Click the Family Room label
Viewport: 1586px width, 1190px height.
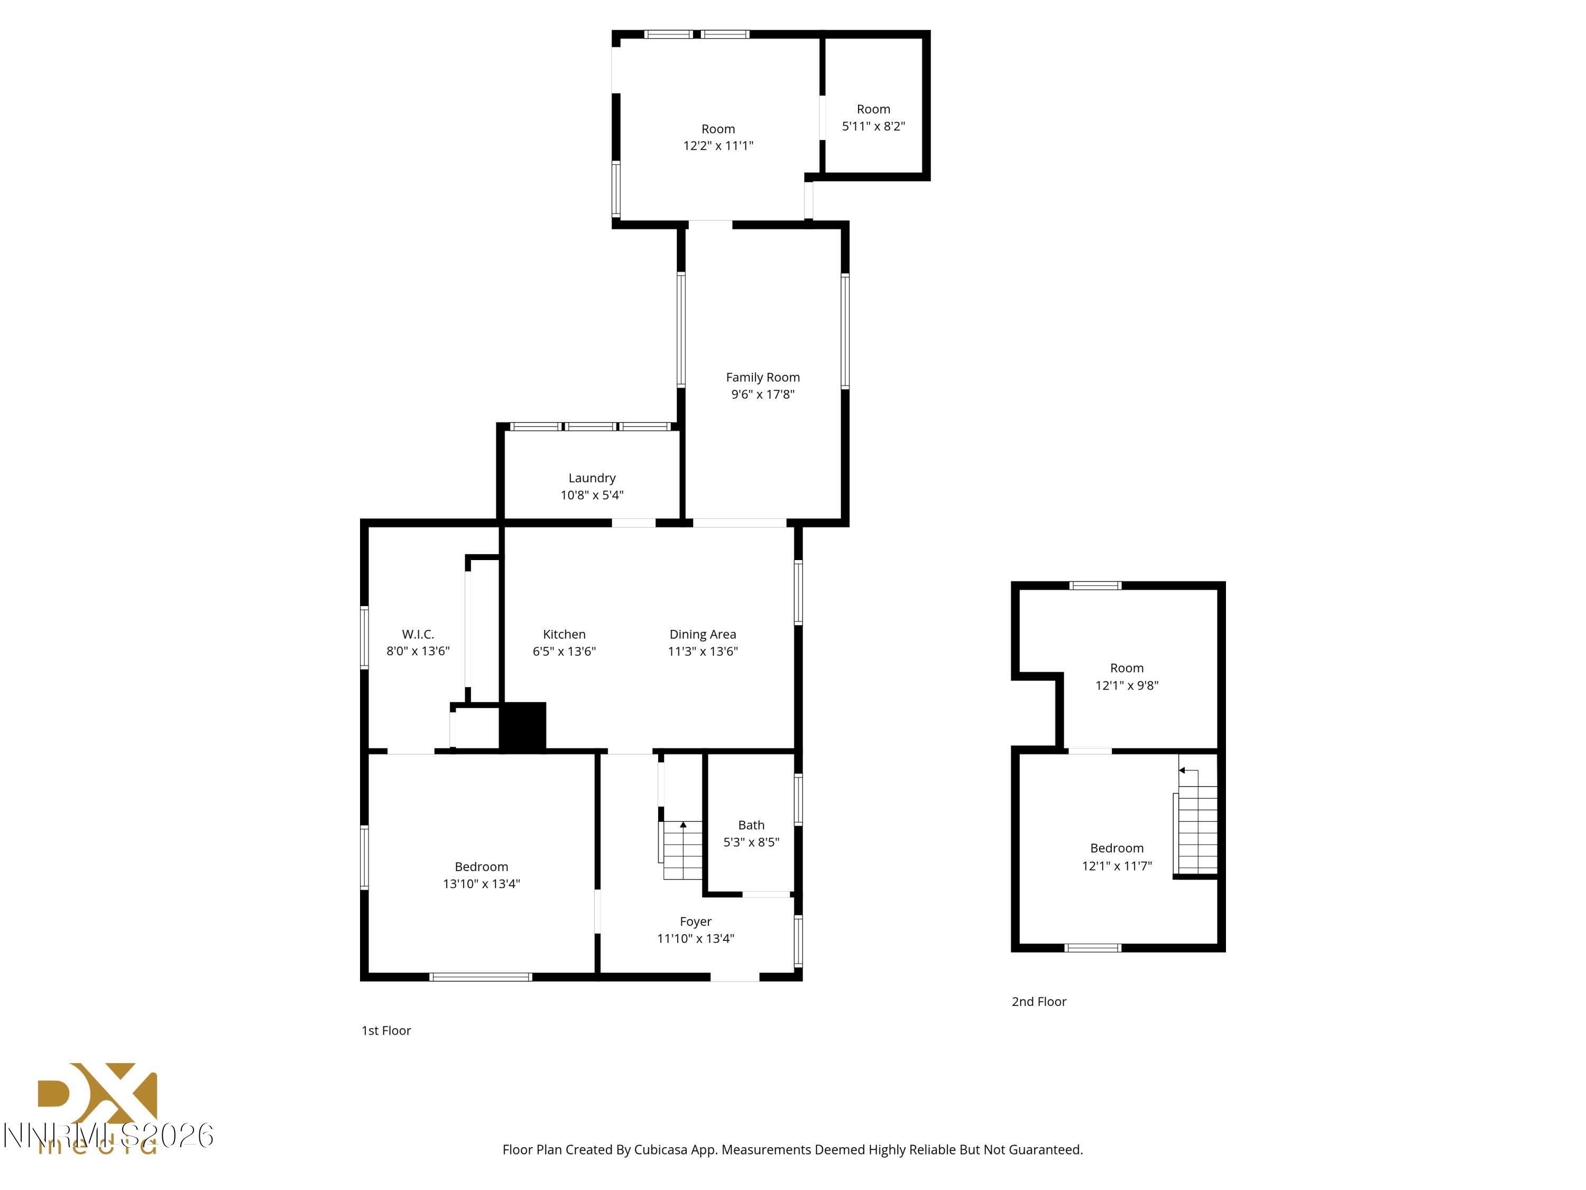tap(762, 377)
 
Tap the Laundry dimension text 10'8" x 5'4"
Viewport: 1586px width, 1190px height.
tap(592, 495)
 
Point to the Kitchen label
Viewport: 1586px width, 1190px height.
tap(564, 634)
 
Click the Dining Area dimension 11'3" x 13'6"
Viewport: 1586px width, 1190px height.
tap(702, 651)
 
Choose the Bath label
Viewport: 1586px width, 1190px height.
tap(751, 825)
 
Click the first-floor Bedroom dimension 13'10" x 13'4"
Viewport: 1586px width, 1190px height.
tap(481, 884)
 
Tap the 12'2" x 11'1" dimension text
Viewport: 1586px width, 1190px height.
tap(718, 145)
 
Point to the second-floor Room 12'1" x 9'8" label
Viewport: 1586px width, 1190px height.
tap(1127, 669)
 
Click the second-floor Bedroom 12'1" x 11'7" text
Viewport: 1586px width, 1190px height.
tap(1117, 866)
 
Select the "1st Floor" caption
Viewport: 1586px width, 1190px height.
tap(386, 1031)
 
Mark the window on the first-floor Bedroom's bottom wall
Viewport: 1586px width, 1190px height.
tap(481, 977)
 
